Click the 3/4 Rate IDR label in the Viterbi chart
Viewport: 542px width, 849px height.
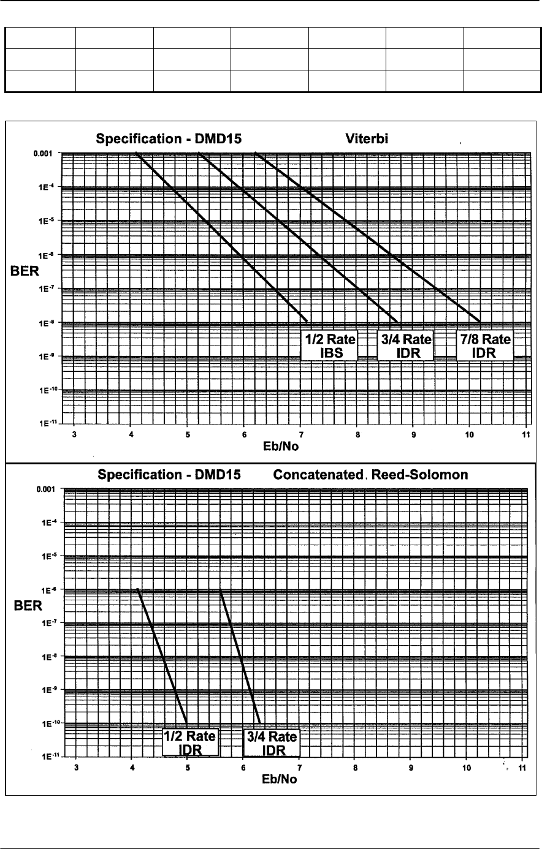click(x=405, y=345)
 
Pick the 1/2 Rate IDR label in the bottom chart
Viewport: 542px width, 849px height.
click(x=189, y=743)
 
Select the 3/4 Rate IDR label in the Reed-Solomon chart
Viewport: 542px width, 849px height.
click(x=271, y=743)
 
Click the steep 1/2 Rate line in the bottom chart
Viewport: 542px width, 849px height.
click(x=162, y=655)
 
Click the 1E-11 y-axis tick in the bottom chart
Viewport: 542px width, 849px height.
click(x=48, y=757)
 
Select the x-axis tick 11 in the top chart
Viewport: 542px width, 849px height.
click(x=525, y=434)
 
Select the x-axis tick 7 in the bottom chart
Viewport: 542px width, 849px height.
click(x=299, y=768)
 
